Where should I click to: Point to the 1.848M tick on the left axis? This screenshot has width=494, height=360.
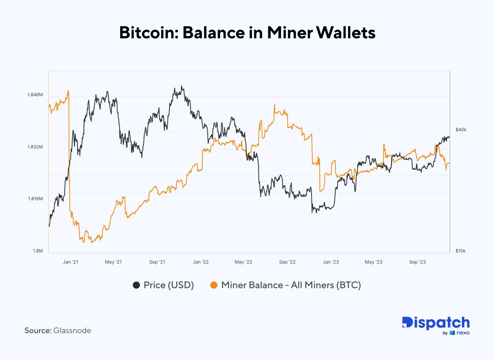(35, 95)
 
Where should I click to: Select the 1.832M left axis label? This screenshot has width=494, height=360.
(35, 147)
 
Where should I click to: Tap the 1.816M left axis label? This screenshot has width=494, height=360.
(35, 199)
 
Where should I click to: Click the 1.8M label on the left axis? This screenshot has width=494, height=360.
(38, 251)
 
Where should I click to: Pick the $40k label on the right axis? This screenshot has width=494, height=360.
(461, 129)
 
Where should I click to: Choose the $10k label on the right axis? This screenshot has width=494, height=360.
(460, 251)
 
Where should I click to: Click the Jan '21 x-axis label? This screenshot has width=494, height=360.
(70, 262)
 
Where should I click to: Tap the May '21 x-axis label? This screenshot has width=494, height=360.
(113, 262)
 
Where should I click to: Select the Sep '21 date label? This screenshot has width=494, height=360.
(157, 262)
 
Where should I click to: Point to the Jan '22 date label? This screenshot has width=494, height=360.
(201, 262)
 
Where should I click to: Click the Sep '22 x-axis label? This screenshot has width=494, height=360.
(287, 262)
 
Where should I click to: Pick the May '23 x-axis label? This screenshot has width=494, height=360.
(374, 262)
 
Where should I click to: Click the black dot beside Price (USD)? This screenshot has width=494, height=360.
(136, 285)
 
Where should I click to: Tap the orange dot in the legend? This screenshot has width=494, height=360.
(214, 285)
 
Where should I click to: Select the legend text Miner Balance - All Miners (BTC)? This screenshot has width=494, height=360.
(291, 285)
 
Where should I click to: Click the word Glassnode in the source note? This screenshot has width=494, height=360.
(72, 331)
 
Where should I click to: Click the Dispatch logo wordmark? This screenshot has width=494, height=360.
(436, 323)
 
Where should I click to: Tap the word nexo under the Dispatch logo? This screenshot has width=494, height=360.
(463, 333)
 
